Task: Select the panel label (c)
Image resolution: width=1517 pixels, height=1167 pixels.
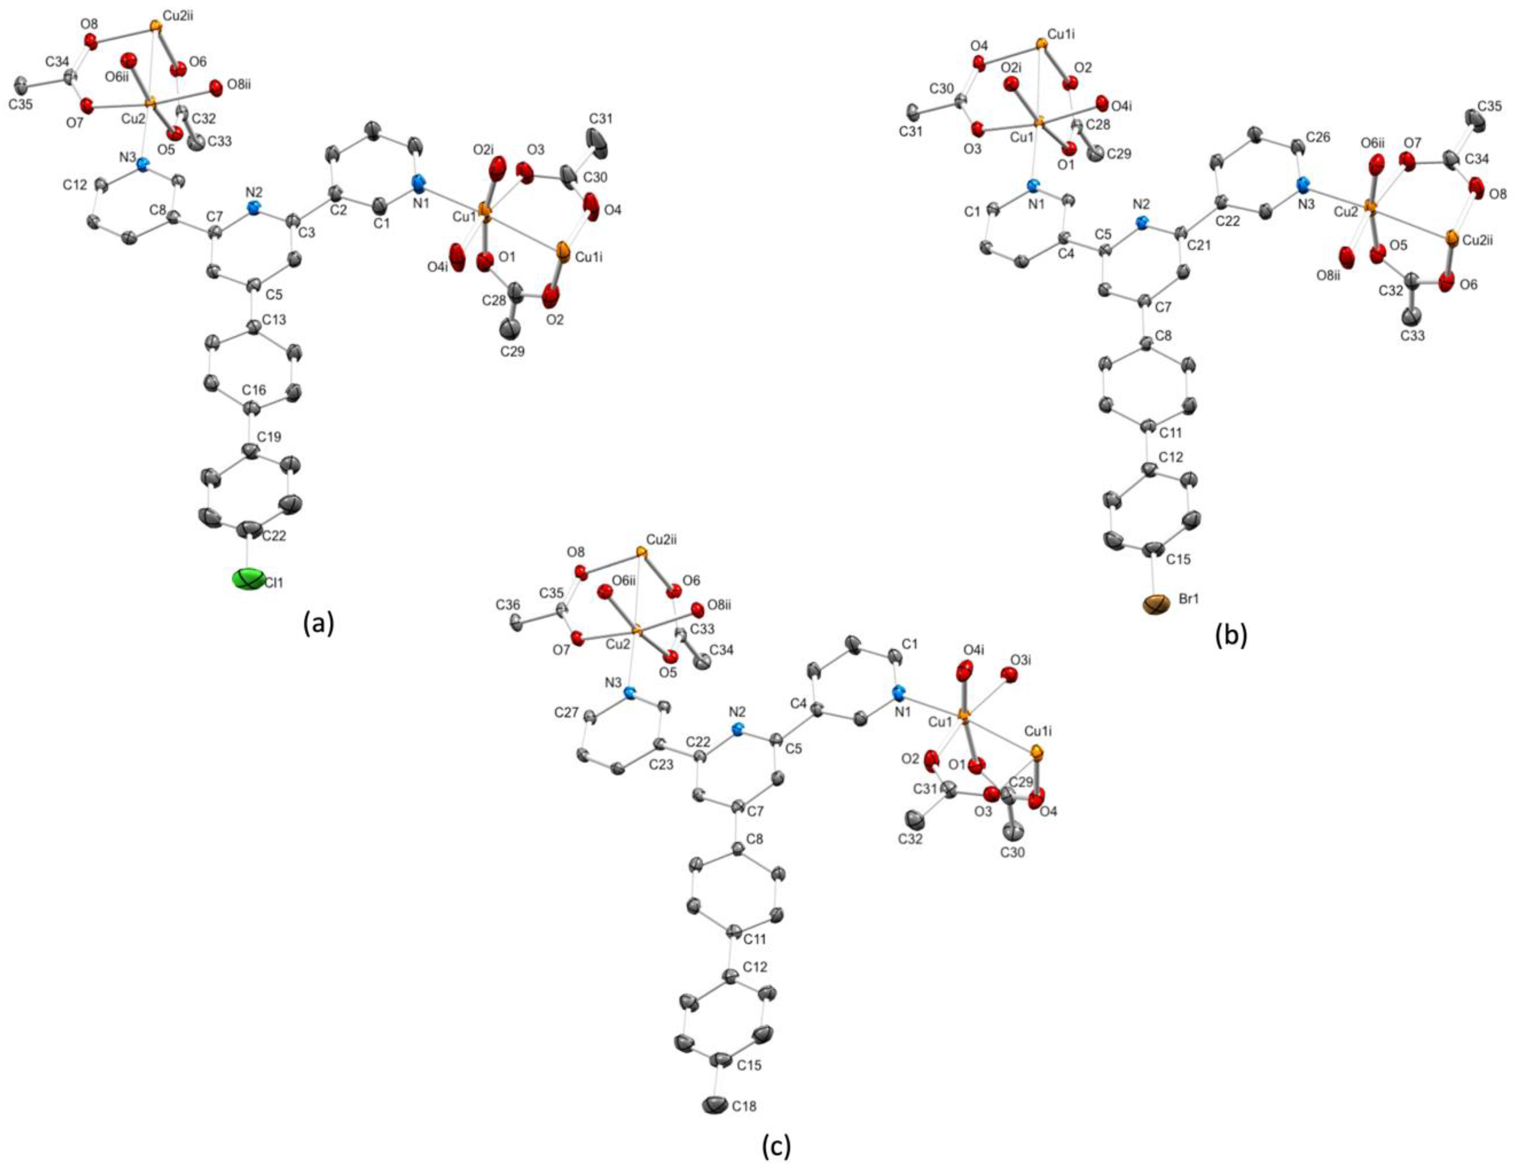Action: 776,1147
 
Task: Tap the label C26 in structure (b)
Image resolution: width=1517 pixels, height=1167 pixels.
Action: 1318,138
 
